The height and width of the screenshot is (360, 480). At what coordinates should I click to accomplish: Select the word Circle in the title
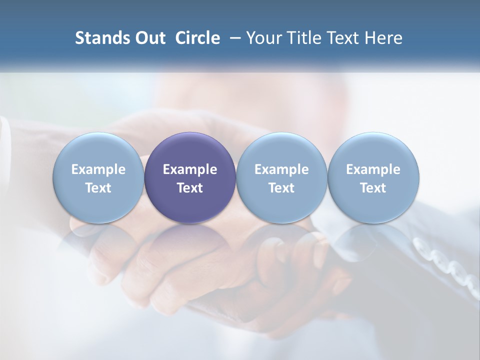[197, 38]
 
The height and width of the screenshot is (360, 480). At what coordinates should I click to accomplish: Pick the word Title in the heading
[304, 38]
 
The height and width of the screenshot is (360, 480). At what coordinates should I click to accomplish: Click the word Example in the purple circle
[190, 169]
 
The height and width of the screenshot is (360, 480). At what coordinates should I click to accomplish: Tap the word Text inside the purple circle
[190, 188]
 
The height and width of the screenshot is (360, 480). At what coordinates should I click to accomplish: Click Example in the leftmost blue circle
[98, 169]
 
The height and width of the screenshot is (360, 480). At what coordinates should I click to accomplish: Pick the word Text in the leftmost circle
[98, 188]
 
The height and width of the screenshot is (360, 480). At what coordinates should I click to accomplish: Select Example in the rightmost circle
[373, 169]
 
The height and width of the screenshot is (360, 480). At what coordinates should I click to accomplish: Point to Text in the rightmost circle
[373, 188]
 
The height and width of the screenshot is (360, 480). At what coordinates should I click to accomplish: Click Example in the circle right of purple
[281, 169]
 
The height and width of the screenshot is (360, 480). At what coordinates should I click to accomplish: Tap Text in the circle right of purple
[281, 188]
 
